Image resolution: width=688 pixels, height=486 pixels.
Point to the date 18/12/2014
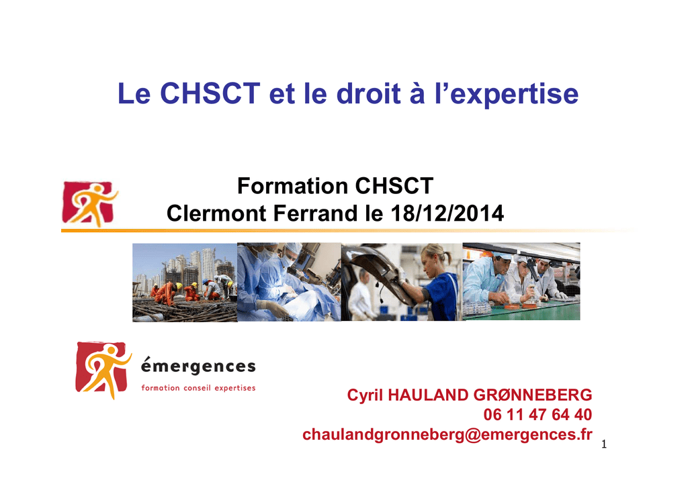447,213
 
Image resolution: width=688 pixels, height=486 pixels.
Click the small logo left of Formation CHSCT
90,204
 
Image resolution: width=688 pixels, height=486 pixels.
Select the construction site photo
185,282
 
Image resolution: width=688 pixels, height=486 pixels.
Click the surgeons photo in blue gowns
289,282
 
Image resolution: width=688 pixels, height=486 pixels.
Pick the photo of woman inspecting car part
402,282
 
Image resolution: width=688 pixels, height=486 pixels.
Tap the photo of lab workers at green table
521,281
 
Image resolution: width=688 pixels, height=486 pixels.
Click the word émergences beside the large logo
198,367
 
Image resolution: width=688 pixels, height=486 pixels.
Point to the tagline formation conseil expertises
198,388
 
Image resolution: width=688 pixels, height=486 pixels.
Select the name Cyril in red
365,395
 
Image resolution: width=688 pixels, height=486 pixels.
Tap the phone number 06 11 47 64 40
538,415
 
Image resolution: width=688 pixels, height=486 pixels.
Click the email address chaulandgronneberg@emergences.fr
447,435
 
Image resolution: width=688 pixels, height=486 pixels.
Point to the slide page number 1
604,444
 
